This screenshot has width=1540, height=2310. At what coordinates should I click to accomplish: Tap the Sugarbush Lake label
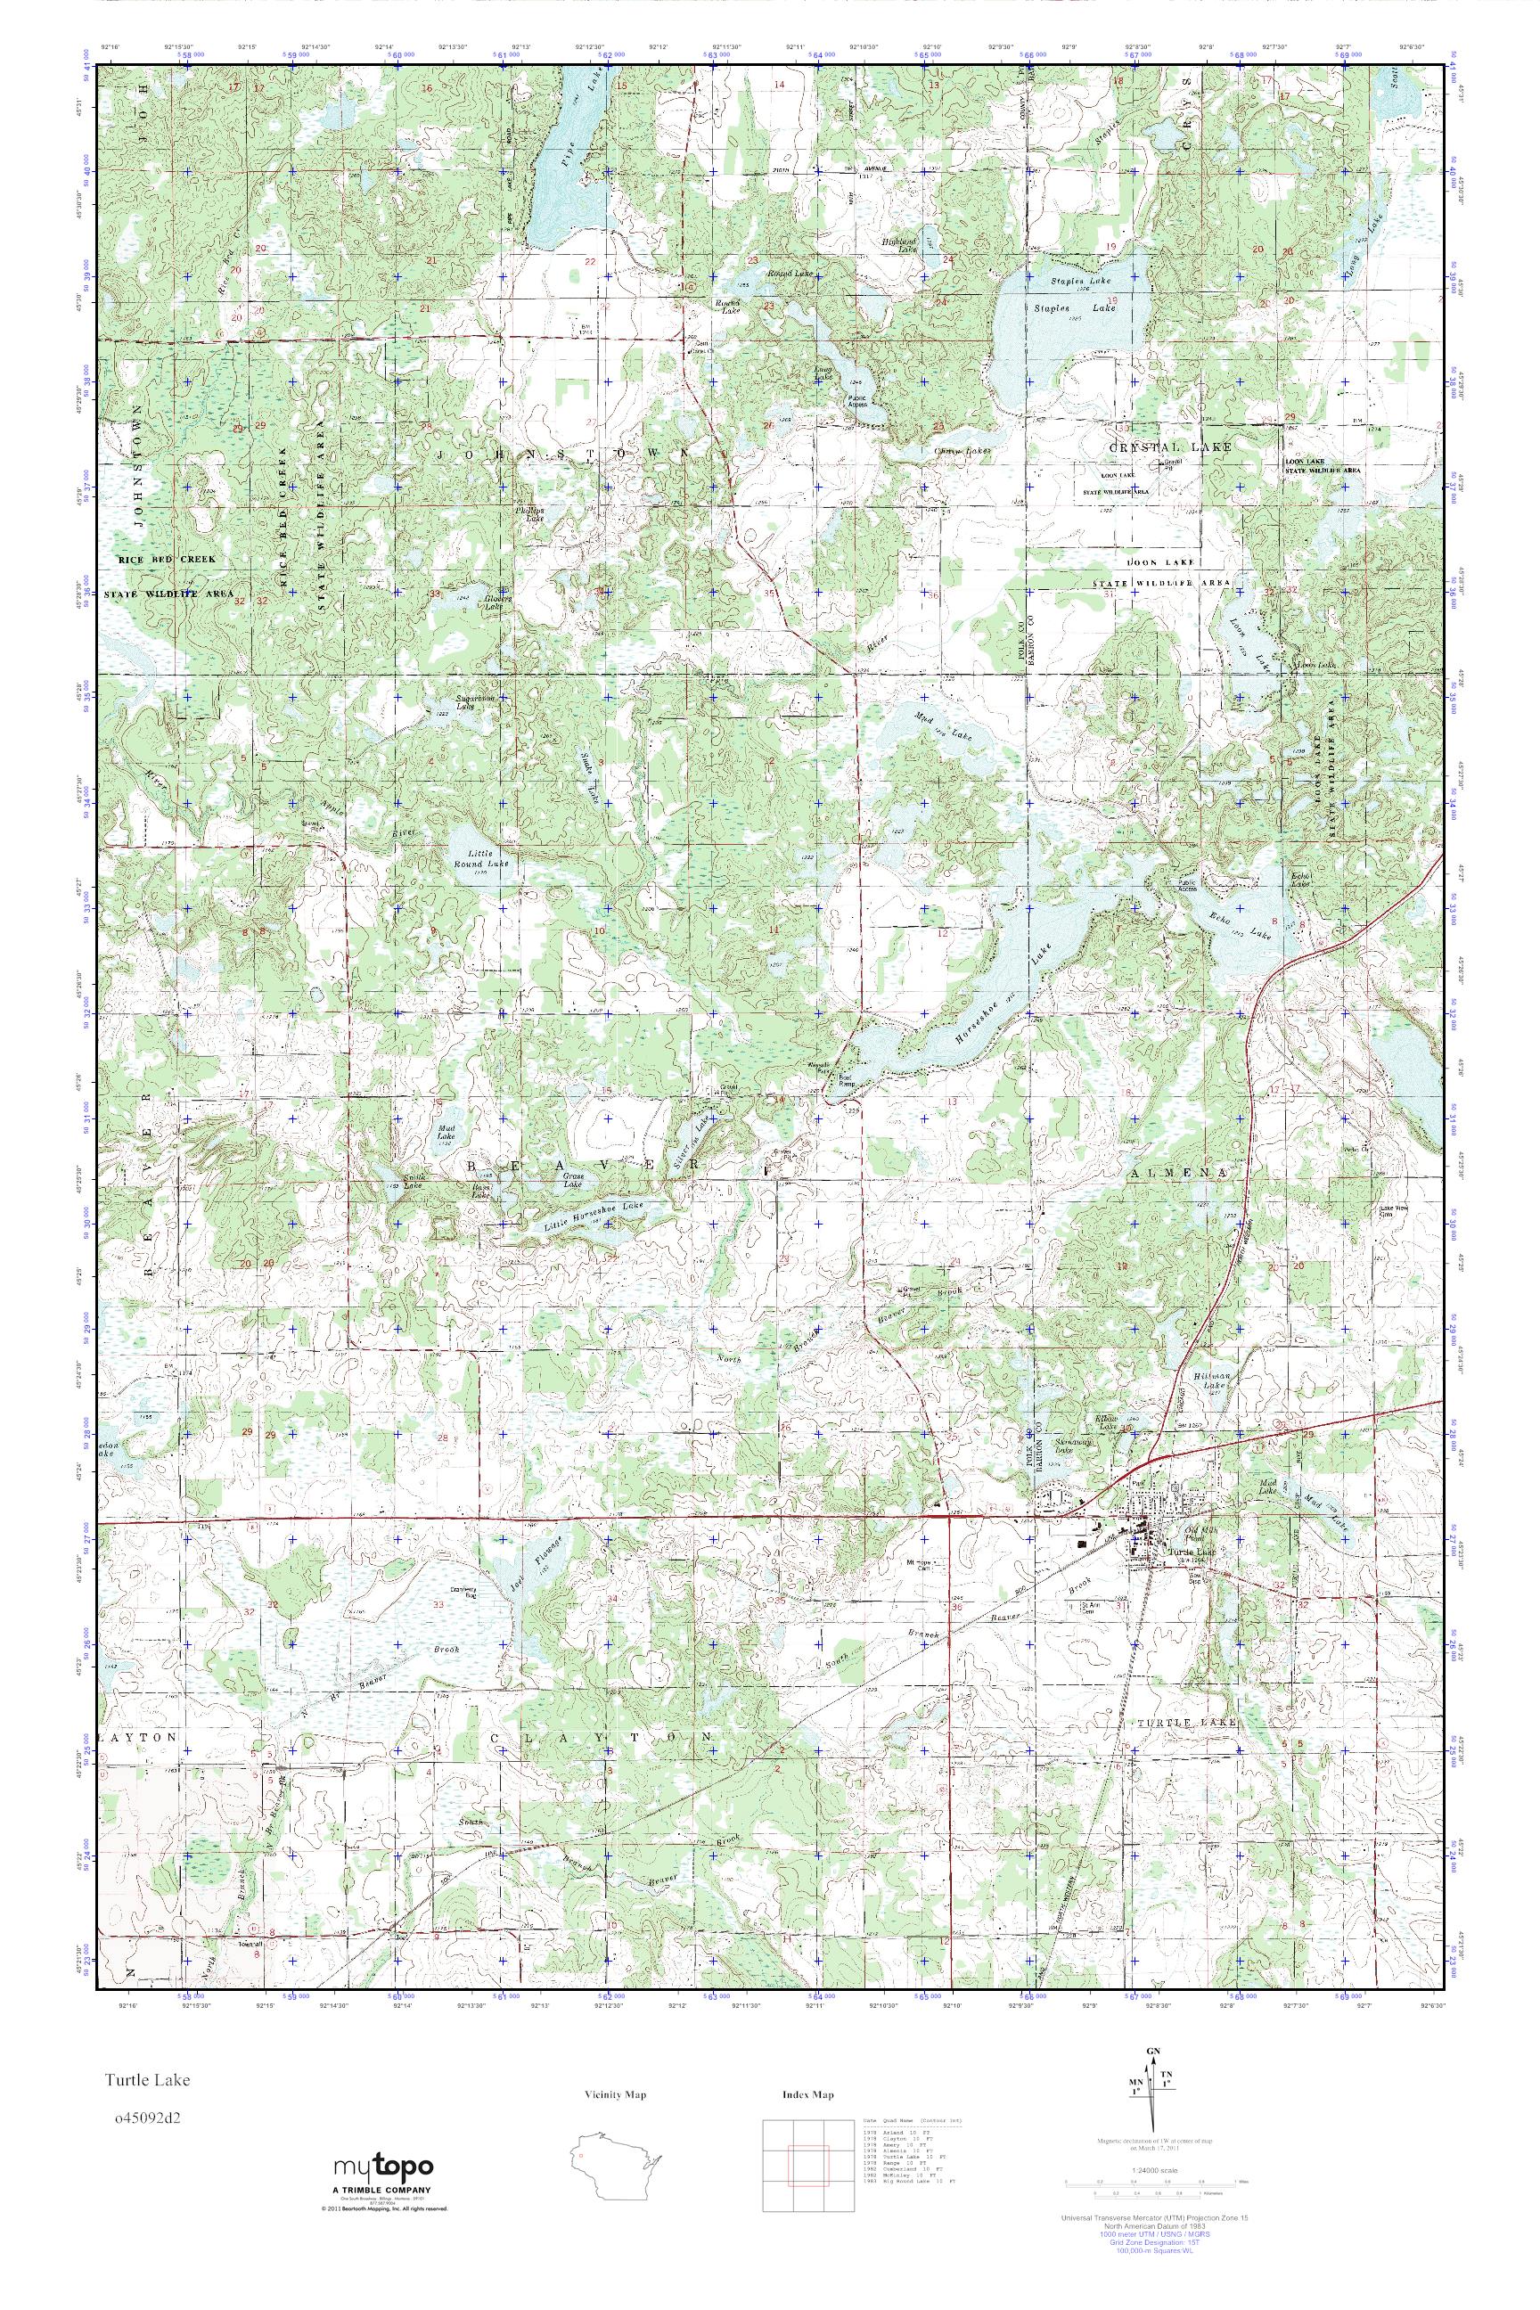tap(465, 701)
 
